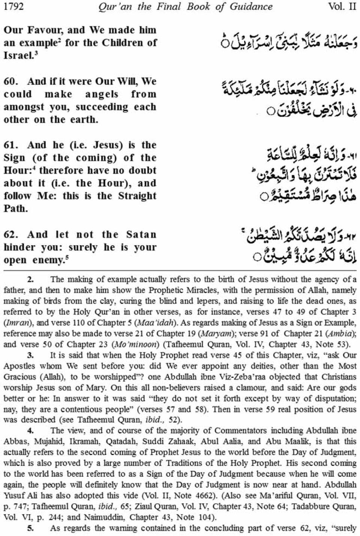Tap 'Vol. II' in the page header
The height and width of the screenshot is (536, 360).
click(x=342, y=7)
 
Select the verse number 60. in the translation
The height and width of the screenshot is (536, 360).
click(x=11, y=81)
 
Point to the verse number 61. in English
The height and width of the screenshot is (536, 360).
click(x=11, y=145)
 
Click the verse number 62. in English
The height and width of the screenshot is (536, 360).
click(x=11, y=235)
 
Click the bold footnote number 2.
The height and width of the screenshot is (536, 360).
click(x=30, y=279)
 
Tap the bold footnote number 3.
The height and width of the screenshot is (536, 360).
click(x=30, y=355)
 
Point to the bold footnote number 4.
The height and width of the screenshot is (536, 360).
click(x=30, y=431)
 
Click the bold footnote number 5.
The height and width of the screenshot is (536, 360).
click(x=30, y=529)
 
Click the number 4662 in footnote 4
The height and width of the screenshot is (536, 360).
click(x=203, y=496)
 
